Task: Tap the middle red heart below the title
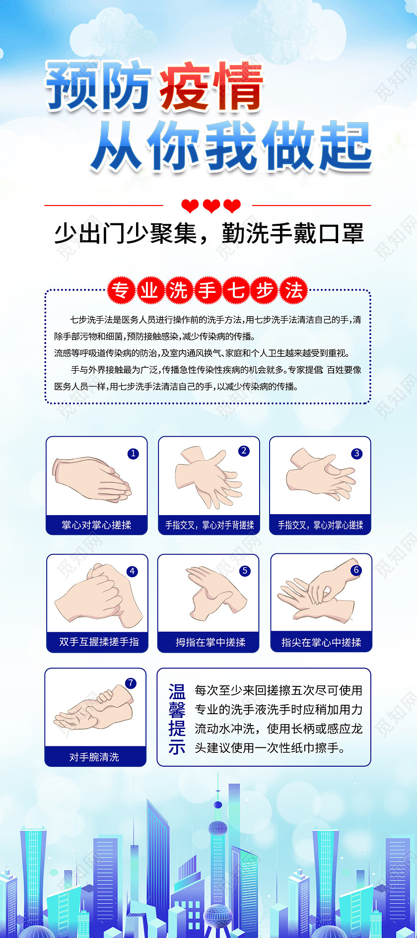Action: click(211, 205)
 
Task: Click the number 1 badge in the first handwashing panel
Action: click(133, 454)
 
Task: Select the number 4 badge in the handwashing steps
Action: click(132, 571)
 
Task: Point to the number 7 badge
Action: click(131, 683)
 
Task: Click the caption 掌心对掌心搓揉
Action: click(96, 525)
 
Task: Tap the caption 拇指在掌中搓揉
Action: click(210, 642)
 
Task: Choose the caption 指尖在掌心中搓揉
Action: click(321, 642)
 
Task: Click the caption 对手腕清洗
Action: click(94, 757)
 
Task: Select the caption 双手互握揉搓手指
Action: click(99, 642)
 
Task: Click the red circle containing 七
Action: click(236, 290)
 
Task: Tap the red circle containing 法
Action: click(293, 290)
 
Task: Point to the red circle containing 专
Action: click(121, 290)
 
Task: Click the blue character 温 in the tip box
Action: click(177, 691)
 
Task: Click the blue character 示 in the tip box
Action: click(177, 747)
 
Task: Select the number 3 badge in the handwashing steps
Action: click(356, 454)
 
